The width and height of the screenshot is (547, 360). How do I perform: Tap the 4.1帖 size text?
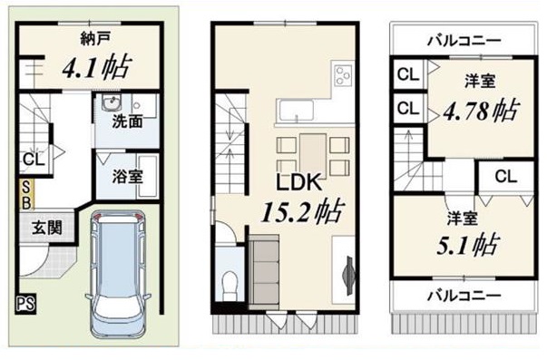(x=97, y=66)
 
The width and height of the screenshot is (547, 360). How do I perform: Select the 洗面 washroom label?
(x=127, y=121)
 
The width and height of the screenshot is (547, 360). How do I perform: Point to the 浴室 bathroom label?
(x=127, y=176)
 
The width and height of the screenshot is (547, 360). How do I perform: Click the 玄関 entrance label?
(x=47, y=228)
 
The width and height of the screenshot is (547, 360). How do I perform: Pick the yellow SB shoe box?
(x=26, y=194)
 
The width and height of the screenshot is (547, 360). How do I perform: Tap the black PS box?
(x=25, y=304)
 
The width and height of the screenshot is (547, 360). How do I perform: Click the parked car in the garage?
(x=119, y=273)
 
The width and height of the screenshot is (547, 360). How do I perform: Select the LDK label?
(x=298, y=182)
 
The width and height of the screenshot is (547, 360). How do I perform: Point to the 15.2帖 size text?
(x=303, y=212)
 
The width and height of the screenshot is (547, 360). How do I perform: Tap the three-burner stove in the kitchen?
(x=343, y=75)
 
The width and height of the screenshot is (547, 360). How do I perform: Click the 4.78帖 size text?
(x=481, y=111)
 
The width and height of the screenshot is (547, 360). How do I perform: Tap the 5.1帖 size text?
(x=467, y=245)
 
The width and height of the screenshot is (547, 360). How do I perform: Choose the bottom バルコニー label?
(x=464, y=297)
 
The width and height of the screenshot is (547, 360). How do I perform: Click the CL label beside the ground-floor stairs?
(x=34, y=160)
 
